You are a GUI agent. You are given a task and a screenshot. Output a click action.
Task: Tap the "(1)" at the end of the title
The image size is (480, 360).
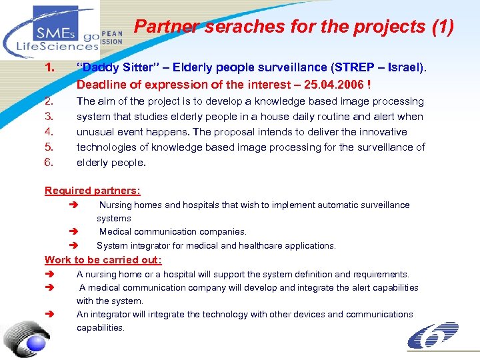(x=441, y=27)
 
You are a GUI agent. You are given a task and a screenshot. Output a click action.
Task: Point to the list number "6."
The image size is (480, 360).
(x=49, y=162)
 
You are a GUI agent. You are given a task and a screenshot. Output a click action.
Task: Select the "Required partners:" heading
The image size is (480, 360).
(x=93, y=191)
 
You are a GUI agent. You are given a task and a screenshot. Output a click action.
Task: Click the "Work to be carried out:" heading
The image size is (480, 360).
(x=103, y=260)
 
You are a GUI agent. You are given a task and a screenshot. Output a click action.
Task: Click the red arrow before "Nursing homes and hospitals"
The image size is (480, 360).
(x=73, y=205)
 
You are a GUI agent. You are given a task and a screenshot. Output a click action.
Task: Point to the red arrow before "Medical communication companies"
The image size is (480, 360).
(x=73, y=232)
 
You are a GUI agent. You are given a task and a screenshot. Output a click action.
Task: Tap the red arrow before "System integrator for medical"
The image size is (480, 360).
(x=73, y=245)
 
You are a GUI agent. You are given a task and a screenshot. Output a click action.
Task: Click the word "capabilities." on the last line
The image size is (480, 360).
(x=101, y=327)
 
